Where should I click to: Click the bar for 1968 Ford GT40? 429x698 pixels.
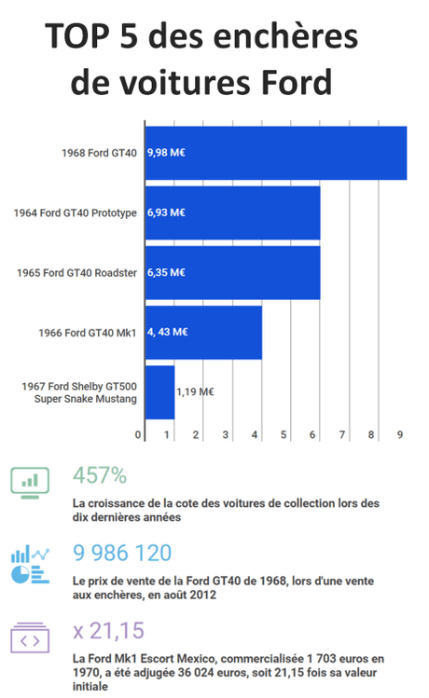[276, 152]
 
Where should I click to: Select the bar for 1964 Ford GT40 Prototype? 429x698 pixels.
[233, 212]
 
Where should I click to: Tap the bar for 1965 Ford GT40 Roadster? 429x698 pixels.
[233, 272]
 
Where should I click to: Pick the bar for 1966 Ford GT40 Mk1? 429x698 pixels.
[203, 332]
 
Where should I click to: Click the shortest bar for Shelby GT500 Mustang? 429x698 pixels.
[159, 392]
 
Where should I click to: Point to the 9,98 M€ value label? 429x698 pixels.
[166, 152]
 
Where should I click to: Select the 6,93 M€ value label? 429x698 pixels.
[166, 212]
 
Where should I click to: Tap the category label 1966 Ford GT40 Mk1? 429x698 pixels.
[88, 332]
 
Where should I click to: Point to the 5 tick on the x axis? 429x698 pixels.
[284, 434]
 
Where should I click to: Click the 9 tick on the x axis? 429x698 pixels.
[400, 434]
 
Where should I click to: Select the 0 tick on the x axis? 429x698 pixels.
[138, 434]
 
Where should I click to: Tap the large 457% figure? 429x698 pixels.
[99, 475]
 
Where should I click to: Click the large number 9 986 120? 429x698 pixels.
[122, 553]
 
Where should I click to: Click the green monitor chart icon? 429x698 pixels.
[31, 481]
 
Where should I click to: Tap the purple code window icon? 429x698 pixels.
[31, 639]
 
